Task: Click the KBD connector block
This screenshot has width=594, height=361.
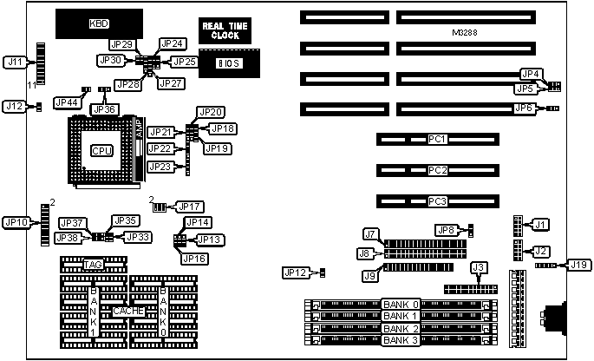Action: click(100, 23)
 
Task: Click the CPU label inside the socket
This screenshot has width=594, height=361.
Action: click(101, 150)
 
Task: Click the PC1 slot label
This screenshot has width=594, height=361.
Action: click(438, 139)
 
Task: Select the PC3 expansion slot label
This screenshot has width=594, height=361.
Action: click(438, 201)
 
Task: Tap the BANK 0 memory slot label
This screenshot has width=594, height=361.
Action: click(401, 305)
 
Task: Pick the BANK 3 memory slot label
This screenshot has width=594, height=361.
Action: click(401, 340)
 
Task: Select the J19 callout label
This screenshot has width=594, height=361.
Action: click(578, 263)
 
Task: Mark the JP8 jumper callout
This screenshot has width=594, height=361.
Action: click(445, 230)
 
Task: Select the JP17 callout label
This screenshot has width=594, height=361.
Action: click(190, 207)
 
